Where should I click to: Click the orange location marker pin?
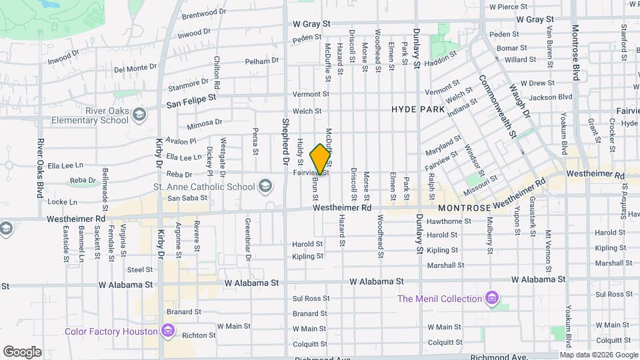coord(321,159)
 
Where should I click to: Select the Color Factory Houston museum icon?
coord(167,331)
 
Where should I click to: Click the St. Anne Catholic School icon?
coord(265,185)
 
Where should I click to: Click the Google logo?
coord(22,351)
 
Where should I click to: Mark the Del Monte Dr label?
coord(135,68)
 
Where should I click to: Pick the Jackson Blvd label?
coord(551,97)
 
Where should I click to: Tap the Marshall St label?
coord(445,265)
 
